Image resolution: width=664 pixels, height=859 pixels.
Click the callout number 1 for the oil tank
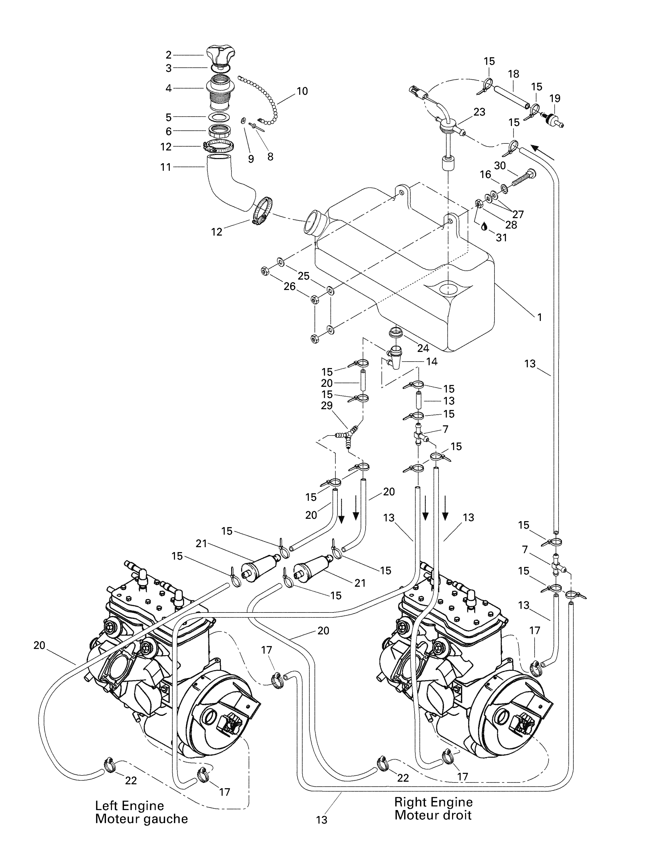(540, 317)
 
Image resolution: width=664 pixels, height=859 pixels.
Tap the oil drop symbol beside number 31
(484, 226)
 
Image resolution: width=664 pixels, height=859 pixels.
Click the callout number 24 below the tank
(423, 348)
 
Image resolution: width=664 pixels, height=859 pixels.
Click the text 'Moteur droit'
(433, 815)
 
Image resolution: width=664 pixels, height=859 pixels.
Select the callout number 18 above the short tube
(513, 74)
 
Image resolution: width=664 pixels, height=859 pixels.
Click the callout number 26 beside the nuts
(290, 286)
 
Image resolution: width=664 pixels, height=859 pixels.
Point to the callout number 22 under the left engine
(131, 781)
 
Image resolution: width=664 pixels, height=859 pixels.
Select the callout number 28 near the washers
(511, 225)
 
